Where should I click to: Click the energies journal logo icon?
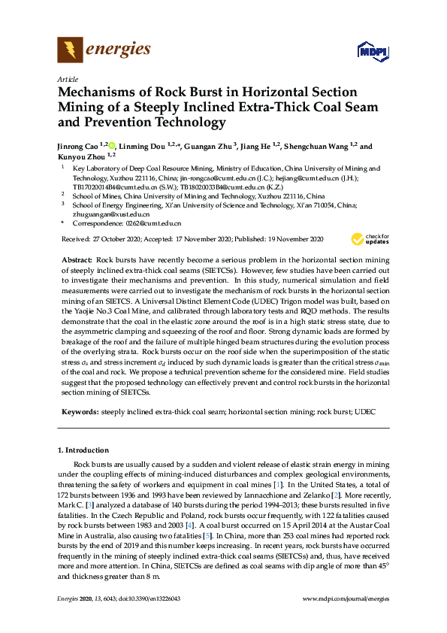tap(71, 50)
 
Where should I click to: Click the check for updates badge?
tap(365, 239)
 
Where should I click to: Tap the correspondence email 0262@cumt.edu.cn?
tap(153, 223)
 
